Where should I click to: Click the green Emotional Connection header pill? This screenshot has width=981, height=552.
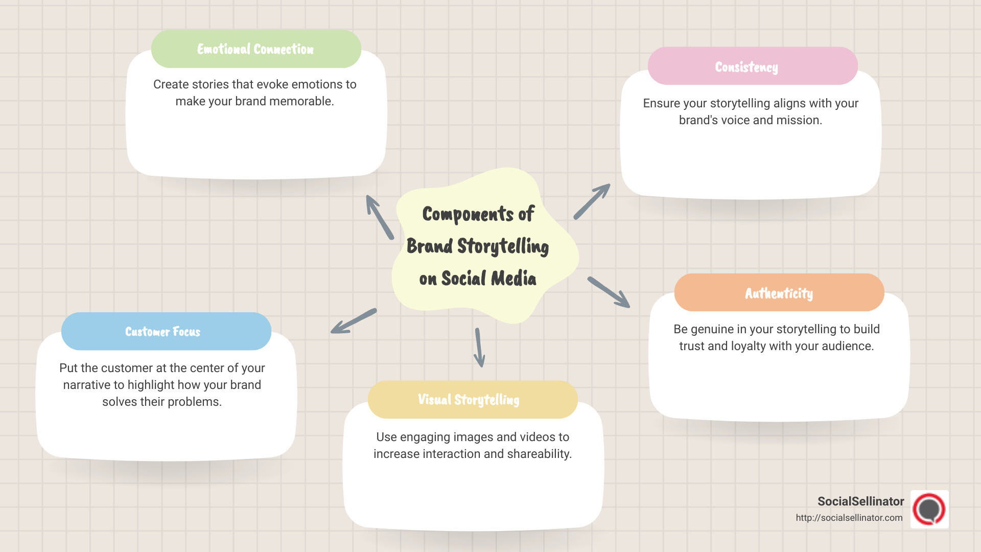[256, 49]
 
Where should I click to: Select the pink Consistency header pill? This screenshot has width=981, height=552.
[752, 66]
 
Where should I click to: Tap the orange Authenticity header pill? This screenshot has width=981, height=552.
[779, 293]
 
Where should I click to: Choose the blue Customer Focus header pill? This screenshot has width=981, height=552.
[166, 332]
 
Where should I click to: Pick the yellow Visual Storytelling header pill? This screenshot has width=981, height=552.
[472, 400]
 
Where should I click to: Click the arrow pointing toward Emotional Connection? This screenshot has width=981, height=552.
[380, 217]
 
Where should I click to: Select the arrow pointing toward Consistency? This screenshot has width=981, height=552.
[592, 201]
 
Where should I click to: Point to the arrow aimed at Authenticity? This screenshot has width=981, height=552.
[609, 292]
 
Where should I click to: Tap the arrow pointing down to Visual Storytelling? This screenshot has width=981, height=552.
[479, 348]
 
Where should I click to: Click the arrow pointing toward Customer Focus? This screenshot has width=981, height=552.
[354, 321]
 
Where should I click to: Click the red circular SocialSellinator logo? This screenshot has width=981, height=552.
[929, 509]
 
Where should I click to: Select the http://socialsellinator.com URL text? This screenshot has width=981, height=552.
[849, 518]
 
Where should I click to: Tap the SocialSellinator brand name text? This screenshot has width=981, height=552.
[860, 501]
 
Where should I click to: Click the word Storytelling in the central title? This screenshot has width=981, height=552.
[503, 246]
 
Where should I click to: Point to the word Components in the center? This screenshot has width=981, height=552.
[468, 214]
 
